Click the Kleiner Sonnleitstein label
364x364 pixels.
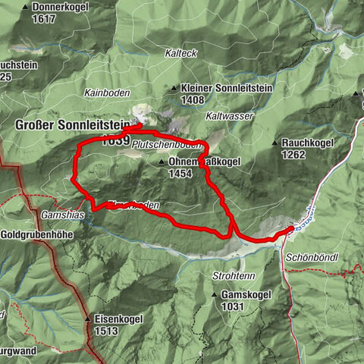[x=220, y=88]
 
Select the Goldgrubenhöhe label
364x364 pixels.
[x=37, y=235]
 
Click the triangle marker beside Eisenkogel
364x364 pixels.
[x=88, y=319]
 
